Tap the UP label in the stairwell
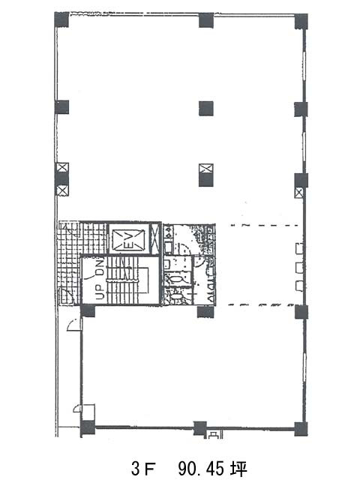[99, 292]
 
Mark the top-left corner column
[61, 20]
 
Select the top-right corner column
[301, 21]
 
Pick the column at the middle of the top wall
[205, 20]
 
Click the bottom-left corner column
[88, 428]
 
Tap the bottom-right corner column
[301, 428]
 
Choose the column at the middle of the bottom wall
[199, 427]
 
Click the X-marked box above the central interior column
[205, 168]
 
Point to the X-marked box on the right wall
[300, 193]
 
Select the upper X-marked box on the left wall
[62, 168]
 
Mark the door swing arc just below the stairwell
[73, 325]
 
